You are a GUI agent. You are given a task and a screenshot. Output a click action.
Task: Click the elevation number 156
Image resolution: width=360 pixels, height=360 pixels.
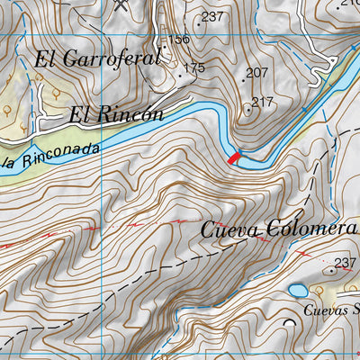pyautogui.click(x=179, y=39)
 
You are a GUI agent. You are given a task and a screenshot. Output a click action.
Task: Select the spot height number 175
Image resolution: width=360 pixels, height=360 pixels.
pyautogui.click(x=194, y=67)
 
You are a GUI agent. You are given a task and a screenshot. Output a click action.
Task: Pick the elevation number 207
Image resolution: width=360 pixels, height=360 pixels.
pyautogui.click(x=257, y=73)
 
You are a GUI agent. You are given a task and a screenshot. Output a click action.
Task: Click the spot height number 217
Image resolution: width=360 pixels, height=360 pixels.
pyautogui.click(x=262, y=102)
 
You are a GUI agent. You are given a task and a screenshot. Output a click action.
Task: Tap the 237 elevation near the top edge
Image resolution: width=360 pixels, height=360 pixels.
pyautogui.click(x=212, y=16)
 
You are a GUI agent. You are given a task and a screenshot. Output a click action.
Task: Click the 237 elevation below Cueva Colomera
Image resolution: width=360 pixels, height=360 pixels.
pyautogui.click(x=345, y=264)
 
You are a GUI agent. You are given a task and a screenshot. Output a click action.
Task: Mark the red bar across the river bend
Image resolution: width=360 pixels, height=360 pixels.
pyautogui.click(x=235, y=158)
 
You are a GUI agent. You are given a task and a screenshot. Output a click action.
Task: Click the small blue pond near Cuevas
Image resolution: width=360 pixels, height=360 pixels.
pyautogui.click(x=297, y=291)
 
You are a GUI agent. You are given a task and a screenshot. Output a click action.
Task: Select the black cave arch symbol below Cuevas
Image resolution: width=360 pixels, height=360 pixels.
pyautogui.click(x=289, y=321)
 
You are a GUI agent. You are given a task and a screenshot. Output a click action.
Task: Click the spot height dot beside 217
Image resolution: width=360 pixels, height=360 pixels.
pyautogui.click(x=248, y=110)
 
